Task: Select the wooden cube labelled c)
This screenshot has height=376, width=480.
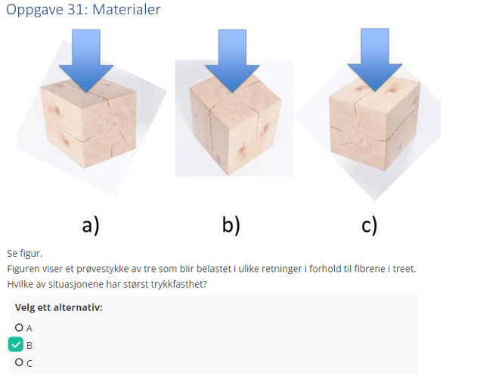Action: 370,128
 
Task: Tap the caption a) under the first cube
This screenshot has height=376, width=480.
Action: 91,224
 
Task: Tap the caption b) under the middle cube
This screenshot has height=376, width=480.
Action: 231,224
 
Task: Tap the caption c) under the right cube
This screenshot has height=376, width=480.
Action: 369,224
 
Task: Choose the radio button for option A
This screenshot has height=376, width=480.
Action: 18,328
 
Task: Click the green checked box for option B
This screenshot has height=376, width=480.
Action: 17,345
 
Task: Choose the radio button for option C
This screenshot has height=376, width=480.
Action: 18,362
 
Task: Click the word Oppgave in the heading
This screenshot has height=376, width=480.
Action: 33,11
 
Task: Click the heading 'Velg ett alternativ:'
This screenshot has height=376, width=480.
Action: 58,308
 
